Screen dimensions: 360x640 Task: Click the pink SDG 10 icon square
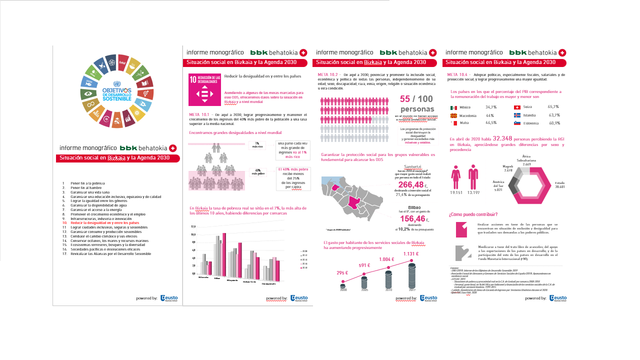(204, 90)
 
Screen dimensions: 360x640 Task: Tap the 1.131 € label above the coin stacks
(411, 253)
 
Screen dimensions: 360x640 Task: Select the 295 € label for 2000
(342, 273)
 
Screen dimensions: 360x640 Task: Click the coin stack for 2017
(412, 275)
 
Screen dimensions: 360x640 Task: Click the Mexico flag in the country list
(453, 107)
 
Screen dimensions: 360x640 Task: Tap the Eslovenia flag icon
(517, 123)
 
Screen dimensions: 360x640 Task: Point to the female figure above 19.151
(455, 177)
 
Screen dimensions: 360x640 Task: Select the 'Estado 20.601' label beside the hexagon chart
(560, 185)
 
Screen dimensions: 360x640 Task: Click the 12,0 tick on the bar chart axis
(193, 226)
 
